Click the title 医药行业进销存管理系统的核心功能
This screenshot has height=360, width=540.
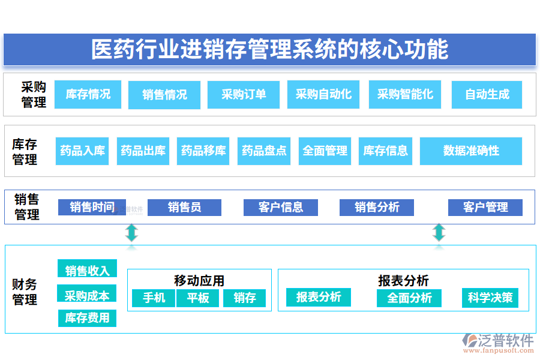(x=269, y=49)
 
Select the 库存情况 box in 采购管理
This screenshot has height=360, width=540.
(x=88, y=94)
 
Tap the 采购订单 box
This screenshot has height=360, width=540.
(x=243, y=94)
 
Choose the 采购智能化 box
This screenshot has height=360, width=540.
(x=404, y=94)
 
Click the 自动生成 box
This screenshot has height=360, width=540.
(x=487, y=94)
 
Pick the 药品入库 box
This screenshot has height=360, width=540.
(x=82, y=151)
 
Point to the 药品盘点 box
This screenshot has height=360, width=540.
(x=264, y=151)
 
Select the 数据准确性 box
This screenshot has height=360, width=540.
(x=470, y=151)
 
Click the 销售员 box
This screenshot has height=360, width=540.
(x=184, y=208)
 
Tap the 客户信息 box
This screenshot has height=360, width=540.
(x=280, y=208)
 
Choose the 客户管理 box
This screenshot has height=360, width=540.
(x=485, y=208)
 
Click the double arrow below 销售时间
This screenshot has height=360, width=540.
(x=131, y=232)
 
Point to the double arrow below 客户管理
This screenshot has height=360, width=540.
(x=439, y=232)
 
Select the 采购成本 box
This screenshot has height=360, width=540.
(x=87, y=295)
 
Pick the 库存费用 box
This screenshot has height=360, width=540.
(x=87, y=318)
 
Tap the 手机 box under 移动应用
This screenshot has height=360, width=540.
(x=151, y=298)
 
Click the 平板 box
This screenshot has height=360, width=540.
(x=197, y=298)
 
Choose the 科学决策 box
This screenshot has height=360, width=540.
(x=490, y=298)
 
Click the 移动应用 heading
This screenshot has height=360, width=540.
(x=199, y=280)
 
